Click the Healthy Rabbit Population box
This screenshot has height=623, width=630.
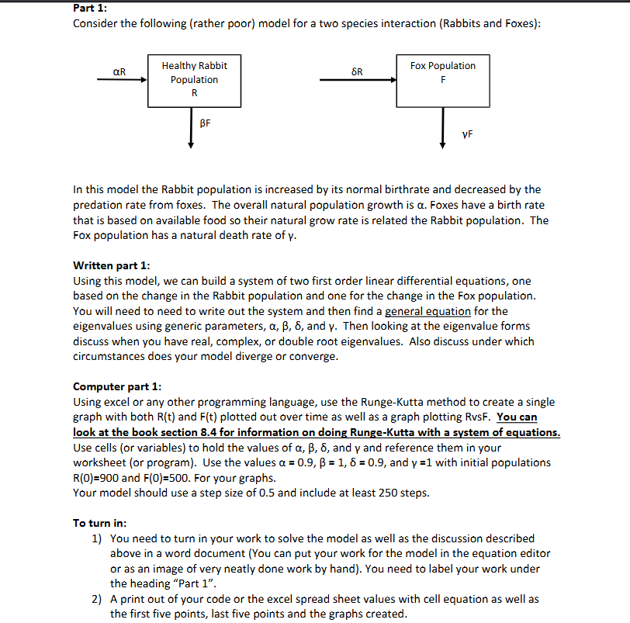click(194, 80)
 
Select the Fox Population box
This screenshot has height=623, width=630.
click(443, 80)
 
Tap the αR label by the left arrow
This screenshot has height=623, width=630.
click(119, 72)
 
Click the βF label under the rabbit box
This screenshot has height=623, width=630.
click(205, 123)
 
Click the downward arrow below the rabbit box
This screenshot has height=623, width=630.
click(191, 128)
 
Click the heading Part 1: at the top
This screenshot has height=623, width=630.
click(90, 8)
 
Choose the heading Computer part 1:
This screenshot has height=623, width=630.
click(117, 386)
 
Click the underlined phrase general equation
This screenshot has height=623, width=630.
click(427, 311)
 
